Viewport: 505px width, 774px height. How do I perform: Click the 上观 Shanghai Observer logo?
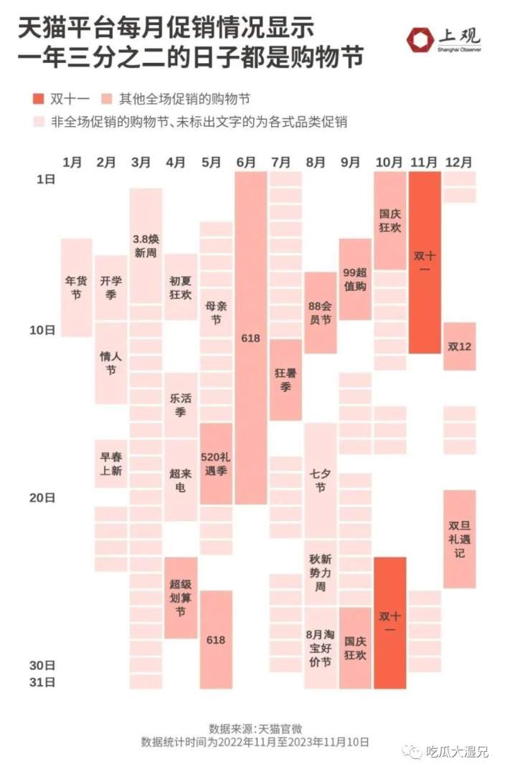[443, 40]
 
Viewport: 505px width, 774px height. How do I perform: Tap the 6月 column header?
[246, 162]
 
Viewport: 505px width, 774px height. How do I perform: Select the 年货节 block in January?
[76, 287]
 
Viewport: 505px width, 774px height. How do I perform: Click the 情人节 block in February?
[110, 363]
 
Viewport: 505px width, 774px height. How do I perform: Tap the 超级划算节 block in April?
[181, 598]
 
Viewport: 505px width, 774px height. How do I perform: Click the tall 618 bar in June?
[250, 337]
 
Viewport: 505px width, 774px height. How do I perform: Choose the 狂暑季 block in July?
[285, 380]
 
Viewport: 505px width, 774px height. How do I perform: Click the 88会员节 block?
[320, 312]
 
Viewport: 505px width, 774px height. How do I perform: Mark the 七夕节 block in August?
[320, 480]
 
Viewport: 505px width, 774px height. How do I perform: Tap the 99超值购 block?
[355, 279]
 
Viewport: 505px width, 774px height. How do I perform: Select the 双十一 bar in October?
[390, 622]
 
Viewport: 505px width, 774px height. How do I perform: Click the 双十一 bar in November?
[425, 262]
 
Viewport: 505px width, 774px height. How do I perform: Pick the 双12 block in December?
[459, 346]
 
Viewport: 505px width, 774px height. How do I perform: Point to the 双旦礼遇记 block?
[459, 539]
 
